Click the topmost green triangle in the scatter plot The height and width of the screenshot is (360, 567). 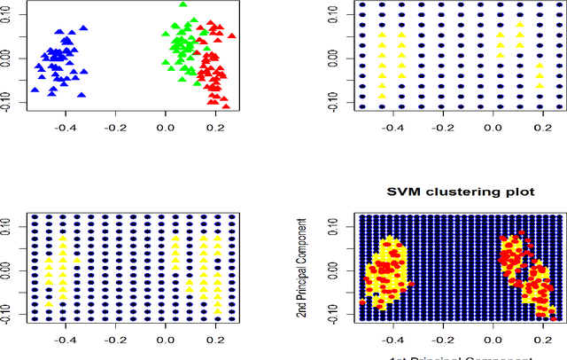[x=183, y=4]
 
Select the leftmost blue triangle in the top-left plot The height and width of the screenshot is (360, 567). [x=35, y=90]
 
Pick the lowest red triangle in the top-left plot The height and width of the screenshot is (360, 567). [x=225, y=106]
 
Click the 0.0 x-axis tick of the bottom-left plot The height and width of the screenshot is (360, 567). [x=165, y=340]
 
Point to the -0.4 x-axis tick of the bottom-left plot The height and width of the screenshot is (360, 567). [x=65, y=340]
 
